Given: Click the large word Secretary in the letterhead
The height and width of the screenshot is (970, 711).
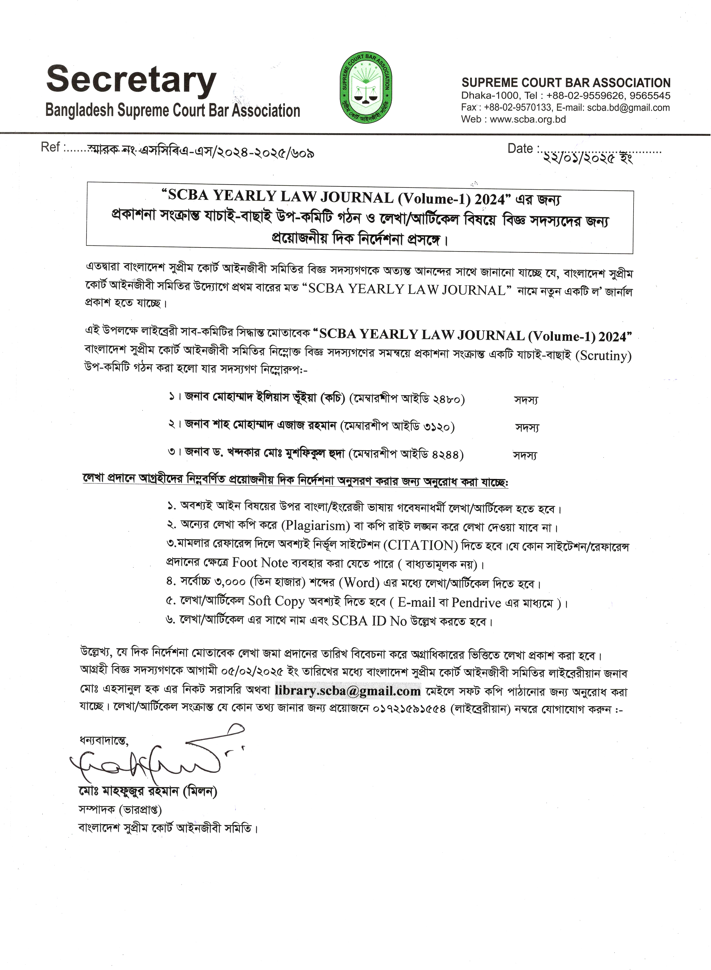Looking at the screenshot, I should (x=131, y=80).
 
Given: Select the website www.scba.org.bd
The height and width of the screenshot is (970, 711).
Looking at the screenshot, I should (x=528, y=120).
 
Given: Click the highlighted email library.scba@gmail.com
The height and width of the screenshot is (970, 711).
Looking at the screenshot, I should (x=348, y=691).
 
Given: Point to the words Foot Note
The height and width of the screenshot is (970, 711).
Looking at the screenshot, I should (x=260, y=563).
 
